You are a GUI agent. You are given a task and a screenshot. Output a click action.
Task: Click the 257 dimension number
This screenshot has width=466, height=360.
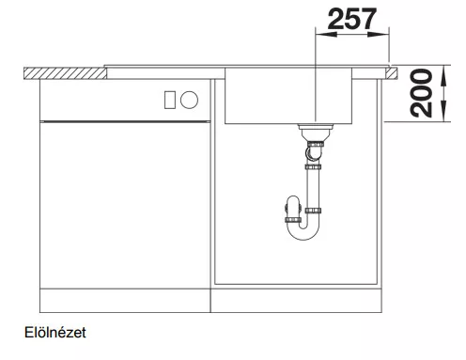352,19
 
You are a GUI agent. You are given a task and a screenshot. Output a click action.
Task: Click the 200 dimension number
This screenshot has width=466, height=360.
421,93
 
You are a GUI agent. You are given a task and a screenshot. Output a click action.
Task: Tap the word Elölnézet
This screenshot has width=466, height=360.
55,333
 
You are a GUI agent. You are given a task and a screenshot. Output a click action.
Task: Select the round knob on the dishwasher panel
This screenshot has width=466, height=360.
189,100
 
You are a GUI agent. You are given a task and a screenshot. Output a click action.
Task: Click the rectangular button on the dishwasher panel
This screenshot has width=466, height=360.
170,100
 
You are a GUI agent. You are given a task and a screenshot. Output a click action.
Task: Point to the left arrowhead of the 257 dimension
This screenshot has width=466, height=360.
327,34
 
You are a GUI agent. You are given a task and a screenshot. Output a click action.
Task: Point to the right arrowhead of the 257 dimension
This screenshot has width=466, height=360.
379,34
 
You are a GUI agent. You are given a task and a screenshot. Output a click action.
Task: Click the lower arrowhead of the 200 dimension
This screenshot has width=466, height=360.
443,111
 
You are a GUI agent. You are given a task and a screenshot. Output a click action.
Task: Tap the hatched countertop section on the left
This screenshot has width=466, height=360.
65,73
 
